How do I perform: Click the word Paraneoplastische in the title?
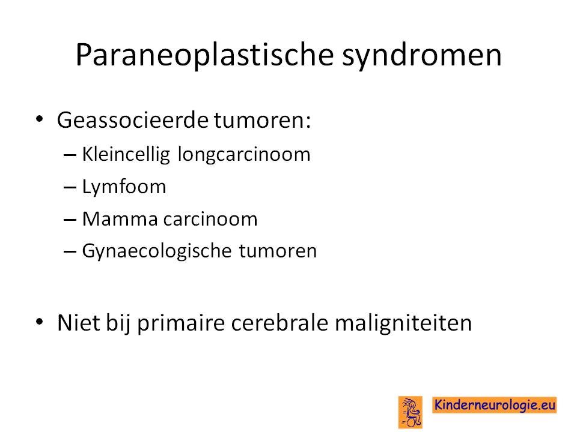(204, 55)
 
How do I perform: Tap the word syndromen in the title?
(422, 55)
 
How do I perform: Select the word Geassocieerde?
(133, 120)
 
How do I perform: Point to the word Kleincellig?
(126, 154)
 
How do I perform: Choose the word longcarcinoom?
(244, 154)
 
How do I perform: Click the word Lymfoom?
(124, 187)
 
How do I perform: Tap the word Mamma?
(120, 220)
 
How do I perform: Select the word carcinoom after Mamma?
(210, 220)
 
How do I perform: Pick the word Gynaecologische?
(157, 251)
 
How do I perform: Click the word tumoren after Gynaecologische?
(278, 251)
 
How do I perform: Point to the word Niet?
(79, 323)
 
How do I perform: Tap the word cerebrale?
(279, 323)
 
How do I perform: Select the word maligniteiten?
(403, 323)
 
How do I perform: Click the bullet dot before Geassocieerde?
(40, 119)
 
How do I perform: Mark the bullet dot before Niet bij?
(40, 322)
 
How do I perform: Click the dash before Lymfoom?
(70, 188)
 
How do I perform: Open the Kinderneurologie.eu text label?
(495, 405)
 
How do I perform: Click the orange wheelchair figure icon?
(411, 412)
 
